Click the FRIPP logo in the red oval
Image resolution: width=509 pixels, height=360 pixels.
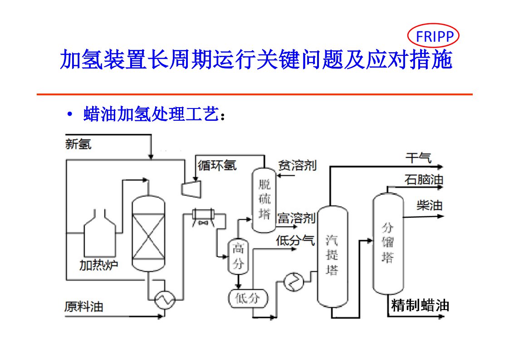(433, 36)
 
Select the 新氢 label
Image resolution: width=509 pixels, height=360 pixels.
(78, 144)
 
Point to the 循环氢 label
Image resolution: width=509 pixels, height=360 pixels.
(217, 165)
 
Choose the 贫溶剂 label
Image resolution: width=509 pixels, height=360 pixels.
(298, 165)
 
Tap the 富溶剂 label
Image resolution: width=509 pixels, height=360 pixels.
(296, 218)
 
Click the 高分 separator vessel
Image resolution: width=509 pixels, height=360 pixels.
(238, 256)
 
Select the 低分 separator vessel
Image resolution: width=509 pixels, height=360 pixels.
(248, 298)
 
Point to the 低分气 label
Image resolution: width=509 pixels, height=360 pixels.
(295, 241)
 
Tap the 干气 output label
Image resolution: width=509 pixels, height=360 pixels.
(418, 158)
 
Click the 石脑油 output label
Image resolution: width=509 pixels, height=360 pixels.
(424, 180)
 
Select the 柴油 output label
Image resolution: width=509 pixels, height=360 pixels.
(429, 205)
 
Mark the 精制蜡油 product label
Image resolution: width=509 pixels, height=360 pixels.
(420, 305)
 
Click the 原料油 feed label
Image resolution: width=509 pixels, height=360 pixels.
(83, 307)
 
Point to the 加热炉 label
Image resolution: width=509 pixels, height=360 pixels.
(98, 264)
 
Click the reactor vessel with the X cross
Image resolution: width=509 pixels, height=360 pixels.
(148, 234)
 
